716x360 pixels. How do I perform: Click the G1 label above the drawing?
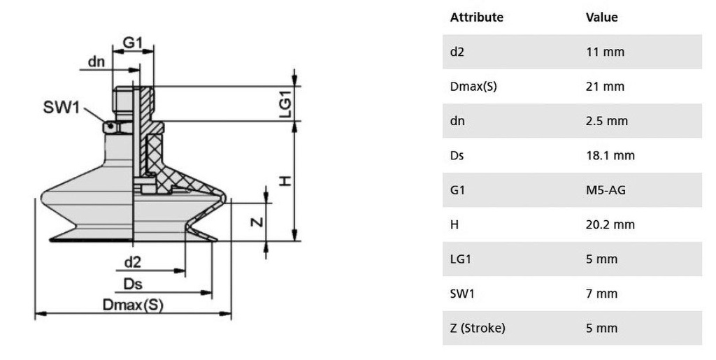coord(133,43)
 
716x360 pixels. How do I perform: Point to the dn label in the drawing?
coord(96,62)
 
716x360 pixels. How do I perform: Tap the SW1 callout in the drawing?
coord(62,107)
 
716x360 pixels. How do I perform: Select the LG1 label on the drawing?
coord(285,104)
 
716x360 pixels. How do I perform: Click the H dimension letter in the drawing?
coord(285,181)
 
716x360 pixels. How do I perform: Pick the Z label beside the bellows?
coord(257,222)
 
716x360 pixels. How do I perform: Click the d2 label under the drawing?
coord(133,262)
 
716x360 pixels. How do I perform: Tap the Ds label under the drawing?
coord(133,285)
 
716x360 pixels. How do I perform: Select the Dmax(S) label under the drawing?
coord(133,305)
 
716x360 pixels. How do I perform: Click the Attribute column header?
coord(477,17)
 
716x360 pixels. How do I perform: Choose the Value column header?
coord(602,17)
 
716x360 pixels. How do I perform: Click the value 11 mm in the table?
coord(605,52)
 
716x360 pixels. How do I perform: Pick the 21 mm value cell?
coord(605,86)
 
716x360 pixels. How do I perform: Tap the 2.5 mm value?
coord(607,121)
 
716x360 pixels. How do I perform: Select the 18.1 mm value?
coord(610,156)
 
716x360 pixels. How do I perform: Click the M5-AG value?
coord(606,190)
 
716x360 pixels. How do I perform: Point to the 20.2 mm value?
coord(610,224)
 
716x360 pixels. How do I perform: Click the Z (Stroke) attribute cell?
coord(478,328)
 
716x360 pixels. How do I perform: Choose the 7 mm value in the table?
coord(602,294)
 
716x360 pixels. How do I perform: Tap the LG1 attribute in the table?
coord(460,259)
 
